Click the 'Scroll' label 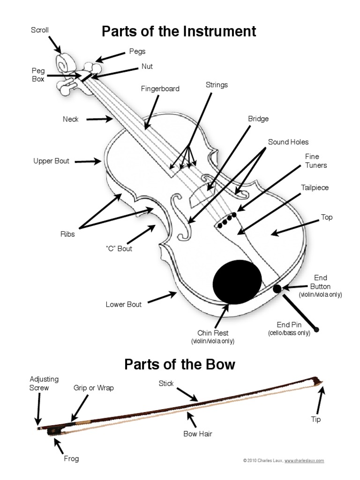tap(40, 30)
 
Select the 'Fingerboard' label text tap(160, 89)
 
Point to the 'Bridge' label tap(258, 119)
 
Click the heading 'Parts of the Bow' tap(180, 364)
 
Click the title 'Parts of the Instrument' tap(179, 31)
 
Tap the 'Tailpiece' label tap(315, 187)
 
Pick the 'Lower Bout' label tap(123, 304)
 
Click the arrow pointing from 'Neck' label tap(100, 119)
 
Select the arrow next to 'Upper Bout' tap(88, 161)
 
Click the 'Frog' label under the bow tap(71, 458)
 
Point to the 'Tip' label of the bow tap(316, 419)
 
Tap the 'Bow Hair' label tap(198, 434)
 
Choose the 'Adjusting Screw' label tap(39, 383)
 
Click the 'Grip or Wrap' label tap(94, 388)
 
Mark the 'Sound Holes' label tap(288, 142)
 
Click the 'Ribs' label tap(67, 234)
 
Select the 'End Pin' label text tap(289, 324)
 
